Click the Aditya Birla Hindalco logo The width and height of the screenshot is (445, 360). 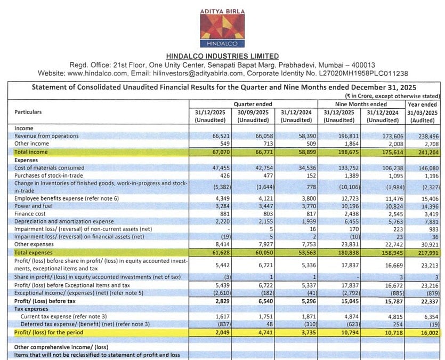pyautogui.click(x=222, y=29)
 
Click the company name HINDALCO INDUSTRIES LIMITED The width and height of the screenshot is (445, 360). pyautogui.click(x=222, y=56)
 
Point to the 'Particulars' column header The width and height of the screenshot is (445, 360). pyautogui.click(x=28, y=112)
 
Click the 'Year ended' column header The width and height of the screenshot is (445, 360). pyautogui.click(x=422, y=105)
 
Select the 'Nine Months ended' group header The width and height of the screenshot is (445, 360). pyautogui.click(x=361, y=105)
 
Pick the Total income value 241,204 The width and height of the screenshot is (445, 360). pyautogui.click(x=426, y=152)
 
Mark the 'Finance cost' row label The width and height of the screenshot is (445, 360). pyautogui.click(x=32, y=213)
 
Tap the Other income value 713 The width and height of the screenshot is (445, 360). pyautogui.click(x=266, y=143)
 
